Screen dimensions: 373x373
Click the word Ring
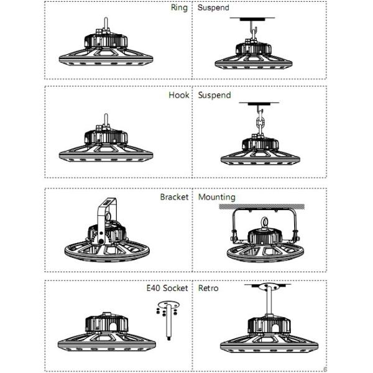tap(179, 8)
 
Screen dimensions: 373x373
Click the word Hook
tap(179, 95)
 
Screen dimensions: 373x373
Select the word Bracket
tap(174, 197)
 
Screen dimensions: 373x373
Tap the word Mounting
tap(217, 198)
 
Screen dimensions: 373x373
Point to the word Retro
tap(208, 288)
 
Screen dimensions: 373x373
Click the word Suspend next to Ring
tap(213, 7)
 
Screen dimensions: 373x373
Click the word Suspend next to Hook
tap(214, 95)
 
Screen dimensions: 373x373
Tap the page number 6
tap(325, 369)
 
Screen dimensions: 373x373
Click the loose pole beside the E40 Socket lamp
tap(168, 321)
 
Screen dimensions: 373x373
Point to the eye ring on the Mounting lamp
tap(264, 223)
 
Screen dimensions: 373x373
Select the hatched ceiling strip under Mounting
tap(262, 206)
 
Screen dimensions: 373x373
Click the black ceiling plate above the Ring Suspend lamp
tap(252, 19)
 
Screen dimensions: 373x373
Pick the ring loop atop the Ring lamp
tap(106, 24)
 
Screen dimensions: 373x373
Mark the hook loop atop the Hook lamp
tap(106, 119)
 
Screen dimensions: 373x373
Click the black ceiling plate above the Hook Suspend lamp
tap(259, 104)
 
